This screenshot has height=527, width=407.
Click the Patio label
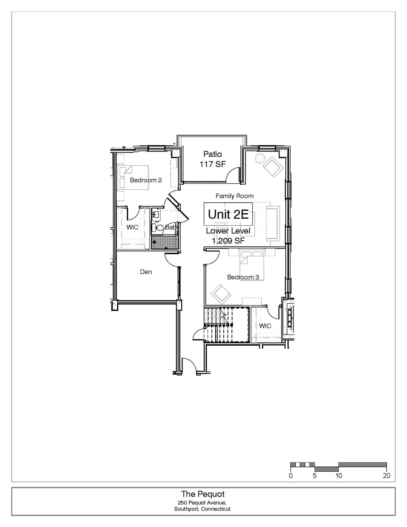212,154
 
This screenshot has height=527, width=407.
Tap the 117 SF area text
212,164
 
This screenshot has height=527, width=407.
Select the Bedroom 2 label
146,180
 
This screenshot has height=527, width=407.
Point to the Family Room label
235,196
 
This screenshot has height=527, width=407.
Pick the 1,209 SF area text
228,241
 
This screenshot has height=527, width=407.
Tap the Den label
146,272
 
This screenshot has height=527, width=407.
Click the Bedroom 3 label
243,277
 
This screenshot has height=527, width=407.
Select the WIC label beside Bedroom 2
132,227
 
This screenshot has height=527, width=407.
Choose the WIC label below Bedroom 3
265,326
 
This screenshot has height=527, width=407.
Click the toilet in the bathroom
158,228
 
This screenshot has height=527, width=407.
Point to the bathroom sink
155,214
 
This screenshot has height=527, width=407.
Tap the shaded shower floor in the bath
163,242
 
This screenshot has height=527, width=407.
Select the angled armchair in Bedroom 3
221,294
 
